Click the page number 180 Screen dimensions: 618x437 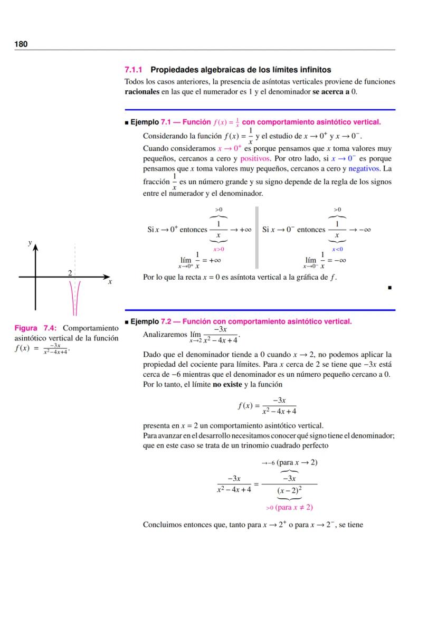pyautogui.click(x=21, y=44)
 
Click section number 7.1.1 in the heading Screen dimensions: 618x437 pyautogui.click(x=134, y=70)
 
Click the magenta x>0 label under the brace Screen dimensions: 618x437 pyautogui.click(x=218, y=249)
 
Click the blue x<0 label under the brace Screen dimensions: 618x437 pyautogui.click(x=337, y=249)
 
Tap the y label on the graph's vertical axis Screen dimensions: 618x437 pyautogui.click(x=30, y=243)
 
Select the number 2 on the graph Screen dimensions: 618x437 pyautogui.click(x=69, y=272)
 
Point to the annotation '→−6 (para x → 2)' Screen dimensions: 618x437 pyautogui.click(x=289, y=463)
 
